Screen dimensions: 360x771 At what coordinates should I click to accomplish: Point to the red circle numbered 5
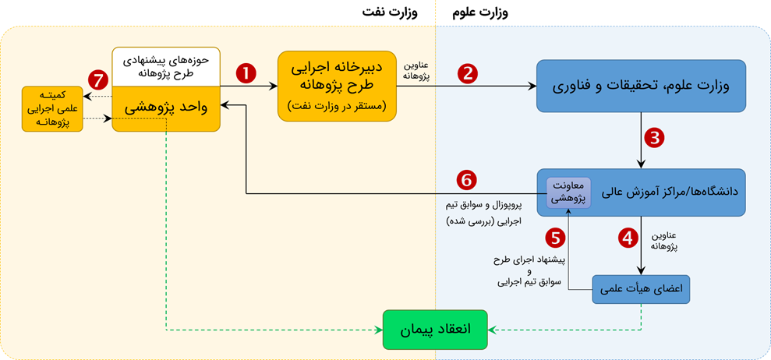[555, 236]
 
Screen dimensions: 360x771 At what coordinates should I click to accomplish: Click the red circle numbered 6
[467, 180]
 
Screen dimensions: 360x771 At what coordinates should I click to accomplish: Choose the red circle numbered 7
[98, 79]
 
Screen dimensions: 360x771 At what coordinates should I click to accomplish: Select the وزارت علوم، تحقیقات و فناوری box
[641, 86]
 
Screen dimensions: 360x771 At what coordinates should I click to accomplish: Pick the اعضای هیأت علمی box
[642, 290]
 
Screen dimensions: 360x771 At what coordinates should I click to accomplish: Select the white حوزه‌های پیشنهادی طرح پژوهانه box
[165, 67]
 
